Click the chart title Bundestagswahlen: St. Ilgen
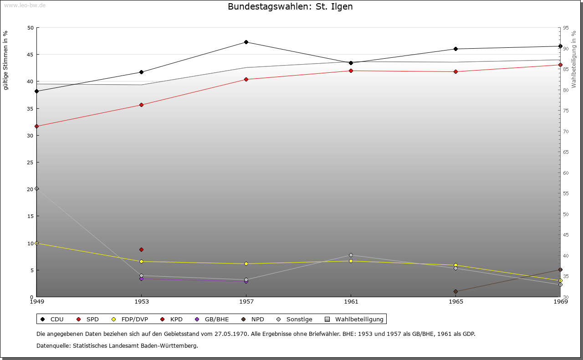coord(290,6)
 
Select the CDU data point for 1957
coord(246,42)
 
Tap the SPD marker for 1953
coord(141,105)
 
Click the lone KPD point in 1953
coord(141,249)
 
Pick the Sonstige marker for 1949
coord(36,188)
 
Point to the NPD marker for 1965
coord(455,291)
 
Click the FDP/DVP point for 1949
coord(36,243)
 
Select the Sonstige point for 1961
coord(351,255)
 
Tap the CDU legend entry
coord(52,319)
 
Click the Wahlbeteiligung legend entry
coord(354,319)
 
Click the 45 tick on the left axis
coord(30,55)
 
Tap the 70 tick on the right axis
coord(566,132)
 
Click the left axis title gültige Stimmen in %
coord(5,61)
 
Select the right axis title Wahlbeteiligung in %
coord(574,59)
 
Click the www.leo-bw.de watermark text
coord(25,5)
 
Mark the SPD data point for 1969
coord(560,65)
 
